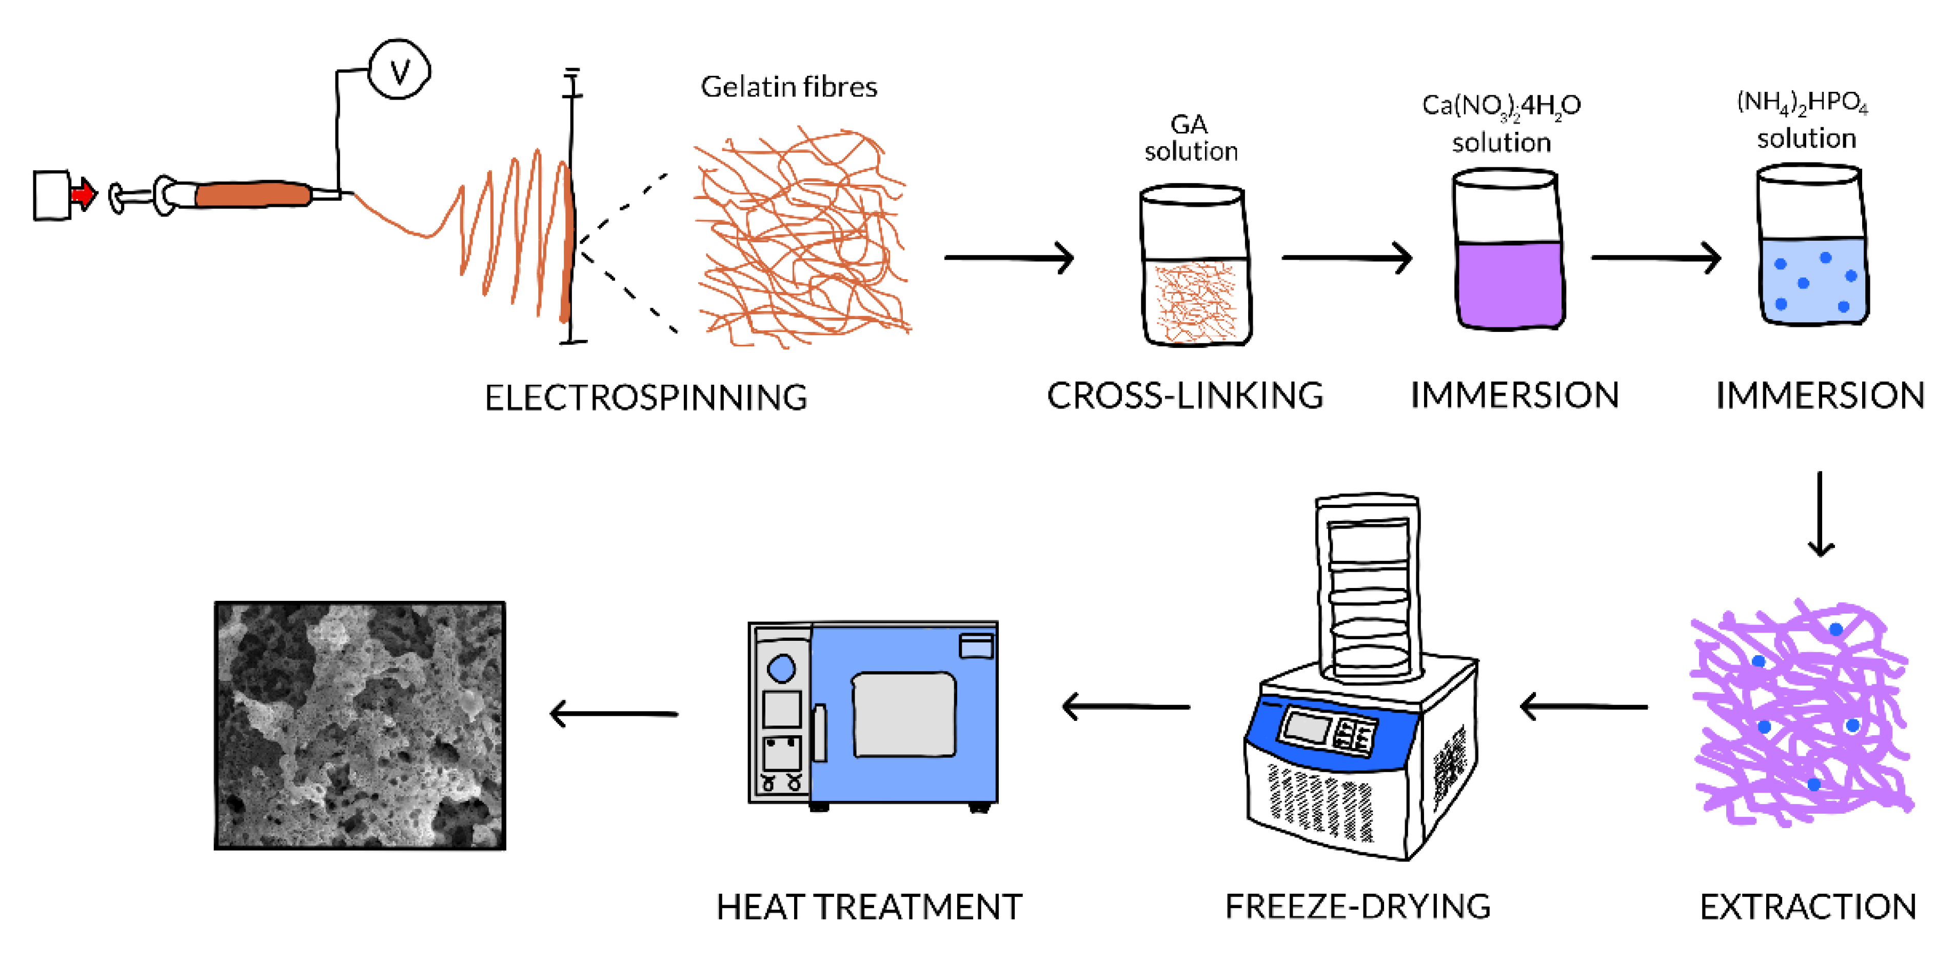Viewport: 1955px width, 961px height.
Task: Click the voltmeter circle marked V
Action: pos(399,70)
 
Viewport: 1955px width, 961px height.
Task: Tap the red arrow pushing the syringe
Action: pos(84,194)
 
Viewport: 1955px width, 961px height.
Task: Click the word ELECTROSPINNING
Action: pos(646,398)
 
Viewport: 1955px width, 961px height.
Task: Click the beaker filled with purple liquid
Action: pos(1509,250)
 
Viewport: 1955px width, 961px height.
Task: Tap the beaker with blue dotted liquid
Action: pos(1813,247)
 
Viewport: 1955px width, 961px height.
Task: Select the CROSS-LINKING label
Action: pos(1184,396)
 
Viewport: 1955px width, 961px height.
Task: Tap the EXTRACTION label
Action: pos(1808,906)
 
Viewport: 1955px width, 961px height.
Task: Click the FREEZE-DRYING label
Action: pos(1358,906)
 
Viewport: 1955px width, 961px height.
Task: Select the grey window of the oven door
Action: pos(904,714)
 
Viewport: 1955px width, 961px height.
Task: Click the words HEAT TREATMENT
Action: pos(869,906)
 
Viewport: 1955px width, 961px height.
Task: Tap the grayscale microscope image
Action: pos(360,725)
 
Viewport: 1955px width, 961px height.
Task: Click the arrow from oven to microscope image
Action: pos(613,714)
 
